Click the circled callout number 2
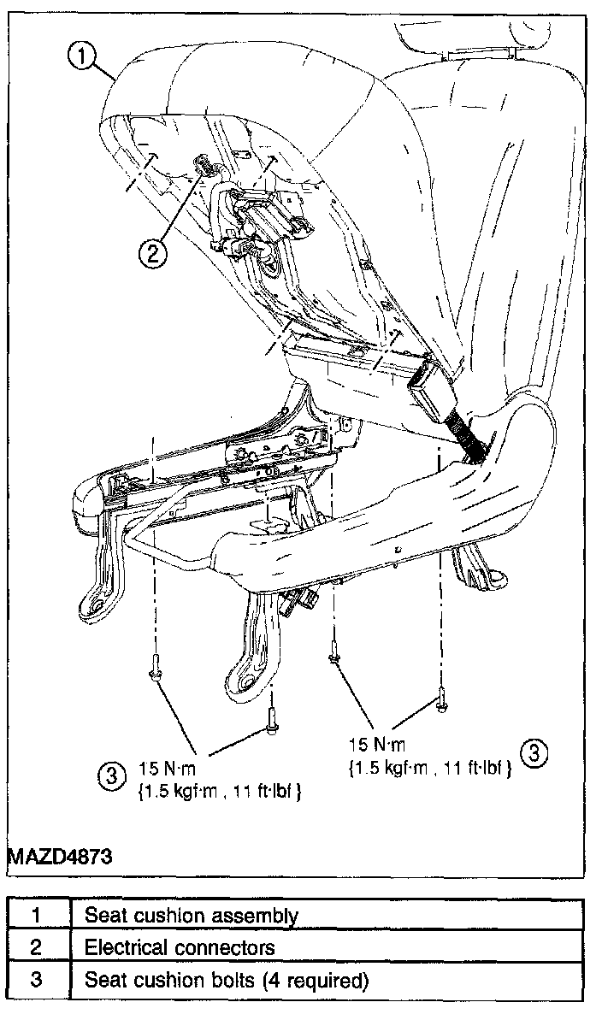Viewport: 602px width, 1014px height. (x=152, y=252)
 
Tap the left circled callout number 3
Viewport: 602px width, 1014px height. (x=110, y=775)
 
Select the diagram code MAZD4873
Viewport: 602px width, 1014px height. (x=60, y=856)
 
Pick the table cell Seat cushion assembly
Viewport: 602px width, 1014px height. (x=192, y=916)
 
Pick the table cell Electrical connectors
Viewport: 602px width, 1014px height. (x=180, y=948)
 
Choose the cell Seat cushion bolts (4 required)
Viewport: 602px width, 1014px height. (x=227, y=981)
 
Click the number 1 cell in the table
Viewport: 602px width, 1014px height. (x=37, y=916)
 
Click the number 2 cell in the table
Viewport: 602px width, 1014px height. (x=37, y=948)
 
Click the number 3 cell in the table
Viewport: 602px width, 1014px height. (x=37, y=981)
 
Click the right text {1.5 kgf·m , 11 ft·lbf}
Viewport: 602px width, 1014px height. (x=430, y=768)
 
